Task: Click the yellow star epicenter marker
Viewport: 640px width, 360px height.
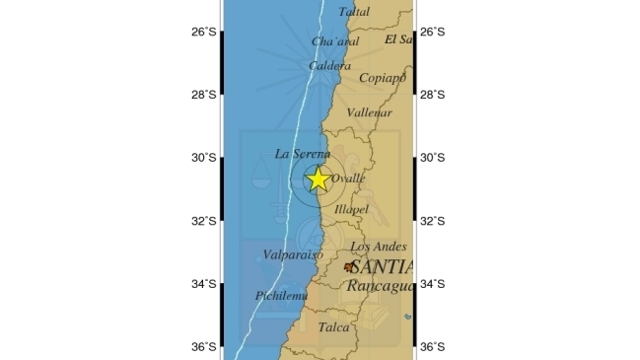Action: point(318,179)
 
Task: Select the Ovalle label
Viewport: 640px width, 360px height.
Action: point(348,179)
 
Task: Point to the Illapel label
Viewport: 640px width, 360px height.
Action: point(351,210)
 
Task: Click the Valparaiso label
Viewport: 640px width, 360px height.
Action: point(294,254)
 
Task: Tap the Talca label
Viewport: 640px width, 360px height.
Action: point(334,326)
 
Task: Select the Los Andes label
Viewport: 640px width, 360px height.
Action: point(375,247)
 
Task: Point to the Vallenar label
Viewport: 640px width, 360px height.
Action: point(371,113)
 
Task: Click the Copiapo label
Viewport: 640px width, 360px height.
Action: point(383,77)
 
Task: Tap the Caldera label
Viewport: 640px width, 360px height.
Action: point(329,66)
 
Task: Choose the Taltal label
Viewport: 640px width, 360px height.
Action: point(355,12)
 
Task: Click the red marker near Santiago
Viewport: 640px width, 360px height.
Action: point(349,266)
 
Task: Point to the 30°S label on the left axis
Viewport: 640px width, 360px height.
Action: point(204,158)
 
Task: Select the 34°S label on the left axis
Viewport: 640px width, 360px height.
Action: point(204,284)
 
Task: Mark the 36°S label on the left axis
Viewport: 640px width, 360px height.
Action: point(204,347)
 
